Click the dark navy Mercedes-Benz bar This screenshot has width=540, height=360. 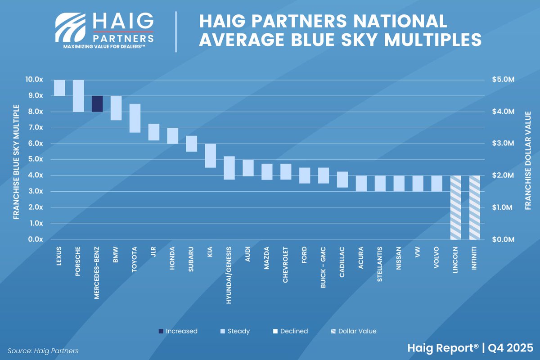[97, 103]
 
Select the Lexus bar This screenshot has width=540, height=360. [59, 88]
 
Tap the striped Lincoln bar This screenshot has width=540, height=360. [456, 207]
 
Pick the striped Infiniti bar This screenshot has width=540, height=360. [475, 207]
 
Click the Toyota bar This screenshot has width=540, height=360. [135, 118]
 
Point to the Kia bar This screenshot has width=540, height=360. [211, 156]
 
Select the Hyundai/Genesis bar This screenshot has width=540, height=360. [229, 168]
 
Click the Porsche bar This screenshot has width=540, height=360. [78, 95]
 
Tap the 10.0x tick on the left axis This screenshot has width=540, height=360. [34, 80]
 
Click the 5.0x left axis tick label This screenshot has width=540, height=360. [34, 159]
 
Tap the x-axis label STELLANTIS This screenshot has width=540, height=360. [381, 263]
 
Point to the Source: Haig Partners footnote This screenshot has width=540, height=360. [43, 351]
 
